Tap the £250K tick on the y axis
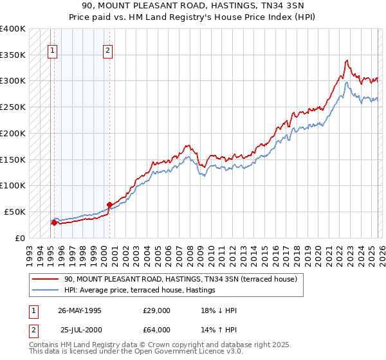click(x=13, y=107)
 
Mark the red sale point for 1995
click(x=54, y=223)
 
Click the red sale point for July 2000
click(x=109, y=204)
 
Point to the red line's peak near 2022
click(x=347, y=61)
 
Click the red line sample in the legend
click(x=46, y=279)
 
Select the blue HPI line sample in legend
click(x=46, y=290)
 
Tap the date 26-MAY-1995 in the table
click(x=80, y=310)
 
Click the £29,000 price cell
click(x=157, y=310)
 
